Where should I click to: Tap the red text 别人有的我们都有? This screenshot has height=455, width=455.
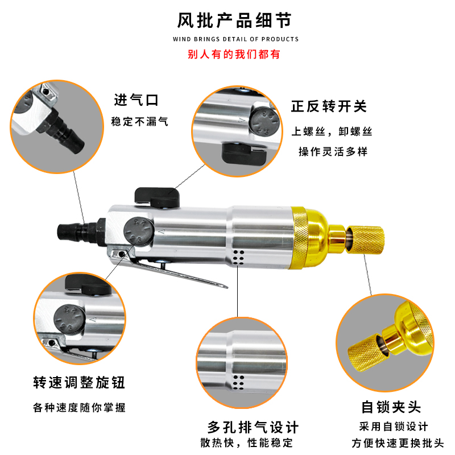click(x=234, y=55)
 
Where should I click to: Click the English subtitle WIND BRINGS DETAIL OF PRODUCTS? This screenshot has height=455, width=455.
click(x=235, y=39)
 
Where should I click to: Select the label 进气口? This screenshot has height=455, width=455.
click(x=136, y=101)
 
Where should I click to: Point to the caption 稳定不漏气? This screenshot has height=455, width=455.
click(x=140, y=122)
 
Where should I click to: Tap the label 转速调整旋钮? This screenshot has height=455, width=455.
click(x=78, y=383)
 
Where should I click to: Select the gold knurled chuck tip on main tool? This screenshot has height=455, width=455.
click(x=366, y=239)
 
